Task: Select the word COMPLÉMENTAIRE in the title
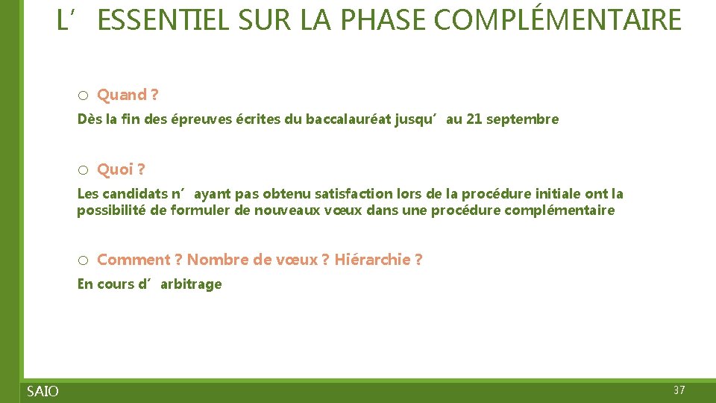[557, 20]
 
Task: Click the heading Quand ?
[128, 95]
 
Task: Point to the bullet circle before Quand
[84, 96]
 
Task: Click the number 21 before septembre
[474, 119]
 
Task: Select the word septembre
[522, 119]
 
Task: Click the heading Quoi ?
[121, 169]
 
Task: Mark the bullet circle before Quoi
[84, 170]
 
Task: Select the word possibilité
[113, 210]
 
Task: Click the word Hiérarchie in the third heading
[372, 260]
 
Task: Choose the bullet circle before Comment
[84, 260]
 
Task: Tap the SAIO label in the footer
[43, 391]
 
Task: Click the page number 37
[679, 390]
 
